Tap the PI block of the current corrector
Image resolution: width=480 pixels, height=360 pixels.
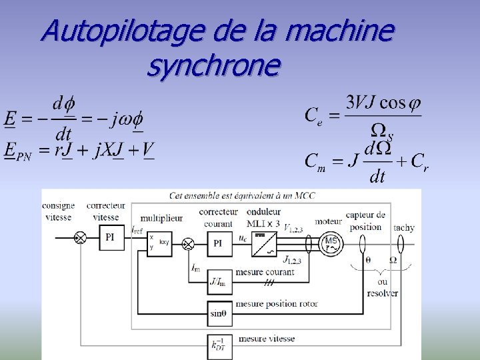pyautogui.click(x=219, y=244)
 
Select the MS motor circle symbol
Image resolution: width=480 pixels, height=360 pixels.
pyautogui.click(x=330, y=244)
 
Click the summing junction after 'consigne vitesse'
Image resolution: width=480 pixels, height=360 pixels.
pyautogui.click(x=79, y=237)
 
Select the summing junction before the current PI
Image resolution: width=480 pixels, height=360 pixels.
pyautogui.click(x=189, y=244)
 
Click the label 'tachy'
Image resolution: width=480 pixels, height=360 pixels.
pyautogui.click(x=404, y=227)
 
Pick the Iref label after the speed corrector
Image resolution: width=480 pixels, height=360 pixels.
pyautogui.click(x=136, y=230)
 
